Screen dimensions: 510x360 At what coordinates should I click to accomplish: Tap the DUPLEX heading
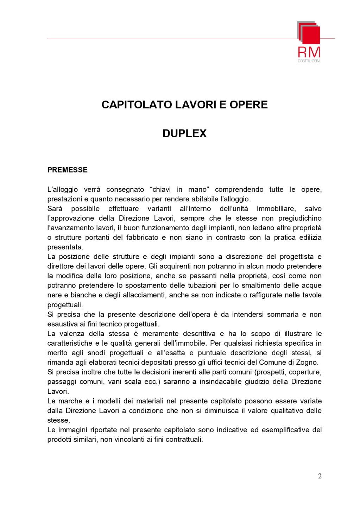tap(184, 134)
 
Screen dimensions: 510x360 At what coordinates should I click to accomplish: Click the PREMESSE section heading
tap(67, 170)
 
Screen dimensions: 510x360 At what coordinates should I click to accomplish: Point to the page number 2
tap(320, 477)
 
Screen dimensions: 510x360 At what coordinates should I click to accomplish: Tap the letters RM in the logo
tap(309, 53)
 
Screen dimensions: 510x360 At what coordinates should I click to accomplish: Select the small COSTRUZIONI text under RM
tap(309, 61)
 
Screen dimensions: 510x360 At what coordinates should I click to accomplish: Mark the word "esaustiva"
tap(61, 324)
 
